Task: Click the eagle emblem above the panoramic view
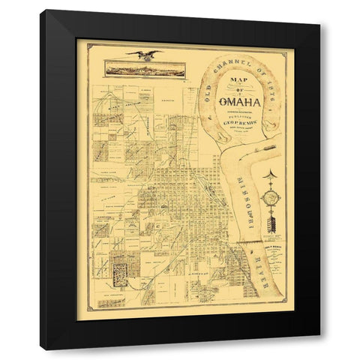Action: [145, 53]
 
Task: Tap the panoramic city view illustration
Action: [144, 69]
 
